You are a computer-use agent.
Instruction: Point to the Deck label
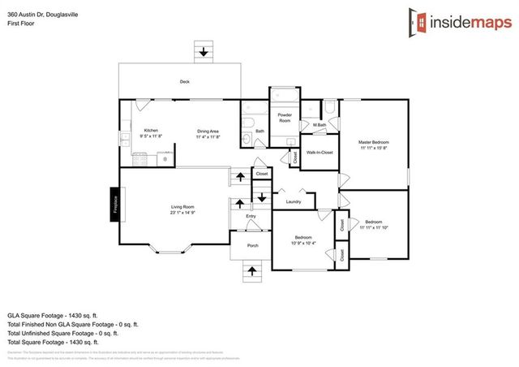click(184, 82)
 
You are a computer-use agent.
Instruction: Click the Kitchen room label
click(152, 130)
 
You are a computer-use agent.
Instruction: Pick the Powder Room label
click(285, 118)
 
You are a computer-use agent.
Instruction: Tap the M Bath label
click(320, 125)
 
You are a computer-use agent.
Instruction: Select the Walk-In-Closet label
click(320, 153)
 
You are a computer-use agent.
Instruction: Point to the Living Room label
click(182, 207)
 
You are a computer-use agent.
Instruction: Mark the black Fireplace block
click(116, 203)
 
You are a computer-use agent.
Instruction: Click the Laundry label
click(294, 202)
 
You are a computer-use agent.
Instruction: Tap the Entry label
click(251, 216)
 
